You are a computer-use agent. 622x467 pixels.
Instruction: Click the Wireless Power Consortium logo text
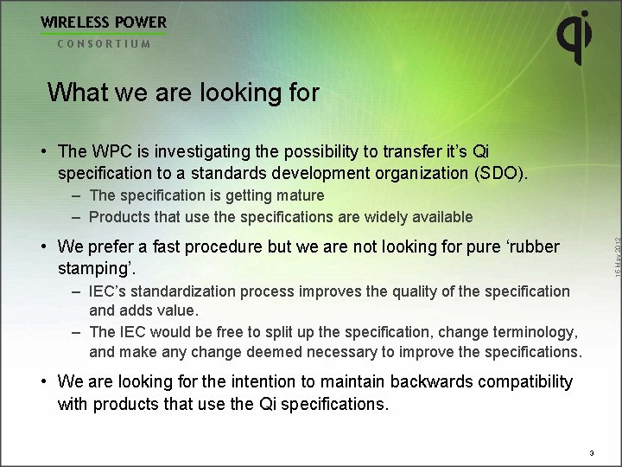[104, 22]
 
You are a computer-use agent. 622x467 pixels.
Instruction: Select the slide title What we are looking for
[183, 93]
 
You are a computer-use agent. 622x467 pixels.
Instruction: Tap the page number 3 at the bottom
[591, 452]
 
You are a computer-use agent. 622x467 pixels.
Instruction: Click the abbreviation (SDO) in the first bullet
[499, 173]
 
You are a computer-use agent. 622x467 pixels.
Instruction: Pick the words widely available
[424, 217]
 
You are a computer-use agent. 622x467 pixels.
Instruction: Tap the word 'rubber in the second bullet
[531, 246]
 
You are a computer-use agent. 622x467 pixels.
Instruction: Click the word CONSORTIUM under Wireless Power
[104, 43]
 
